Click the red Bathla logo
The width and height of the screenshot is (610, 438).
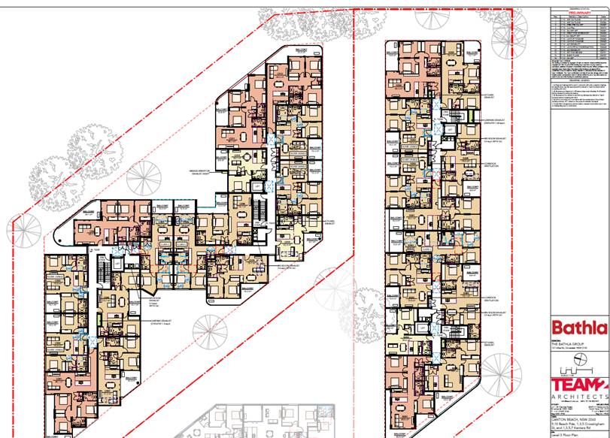pos(578,328)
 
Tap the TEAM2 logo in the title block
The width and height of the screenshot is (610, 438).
pos(578,381)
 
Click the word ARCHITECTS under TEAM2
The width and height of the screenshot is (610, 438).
pos(578,396)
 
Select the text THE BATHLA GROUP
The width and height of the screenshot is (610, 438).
pos(568,344)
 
